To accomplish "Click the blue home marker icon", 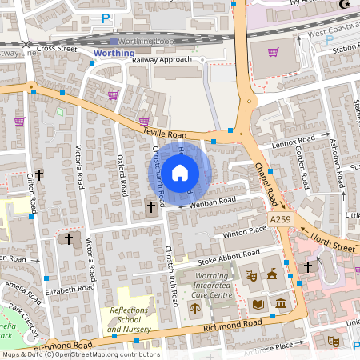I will pyautogui.click(x=180, y=172).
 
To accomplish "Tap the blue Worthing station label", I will pyautogui.click(x=109, y=52).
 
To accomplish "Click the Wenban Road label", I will pyautogui.click(x=213, y=202).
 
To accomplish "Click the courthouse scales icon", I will pyautogui.click(x=194, y=306).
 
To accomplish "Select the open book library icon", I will pyautogui.click(x=258, y=304).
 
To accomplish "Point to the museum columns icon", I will pyautogui.click(x=281, y=304).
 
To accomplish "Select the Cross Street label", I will pyautogui.click(x=56, y=48).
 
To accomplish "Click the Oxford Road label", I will pyautogui.click(x=122, y=175).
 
